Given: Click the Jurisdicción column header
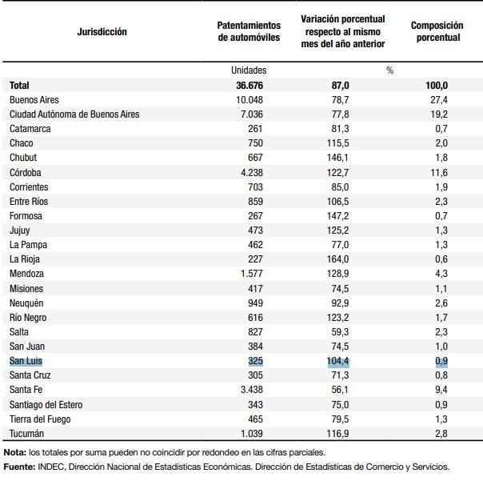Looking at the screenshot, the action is [102, 32].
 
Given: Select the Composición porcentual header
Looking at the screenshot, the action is [437, 31].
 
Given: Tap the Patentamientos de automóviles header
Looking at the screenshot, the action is [249, 31].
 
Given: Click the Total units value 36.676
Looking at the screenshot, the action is [249, 85].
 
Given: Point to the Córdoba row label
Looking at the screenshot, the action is [26, 172].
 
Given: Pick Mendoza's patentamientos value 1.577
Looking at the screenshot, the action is [252, 274].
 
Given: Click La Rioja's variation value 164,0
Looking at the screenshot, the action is [337, 259].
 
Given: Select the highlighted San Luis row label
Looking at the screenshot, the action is [26, 361].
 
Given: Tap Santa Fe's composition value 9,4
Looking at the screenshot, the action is [441, 390].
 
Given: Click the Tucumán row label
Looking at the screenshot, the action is [26, 434].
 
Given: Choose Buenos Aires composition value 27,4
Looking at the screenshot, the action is [439, 100].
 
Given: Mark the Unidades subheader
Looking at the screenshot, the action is [249, 70].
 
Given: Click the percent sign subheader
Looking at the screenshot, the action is [389, 70].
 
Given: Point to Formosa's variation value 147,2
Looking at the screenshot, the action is [337, 216].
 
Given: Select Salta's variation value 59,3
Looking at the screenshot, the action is [341, 332].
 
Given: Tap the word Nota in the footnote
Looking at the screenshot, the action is [14, 452].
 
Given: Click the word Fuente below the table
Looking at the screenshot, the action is [19, 467].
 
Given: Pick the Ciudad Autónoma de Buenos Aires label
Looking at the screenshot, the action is [74, 114].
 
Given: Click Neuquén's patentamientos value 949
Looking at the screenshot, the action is [255, 303].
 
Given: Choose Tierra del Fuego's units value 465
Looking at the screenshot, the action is [255, 419].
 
